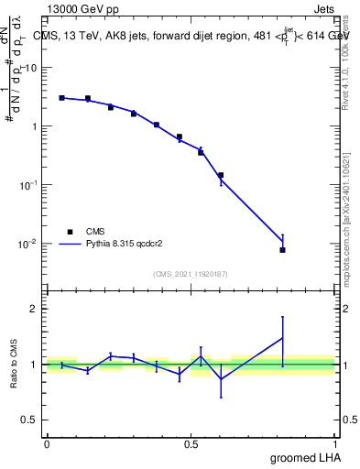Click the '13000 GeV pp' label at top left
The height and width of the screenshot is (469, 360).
[x=82, y=9]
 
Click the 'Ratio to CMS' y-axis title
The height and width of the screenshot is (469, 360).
[x=14, y=365]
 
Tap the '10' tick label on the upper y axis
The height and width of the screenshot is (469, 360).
[x=32, y=68]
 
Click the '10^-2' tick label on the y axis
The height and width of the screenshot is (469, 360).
[x=30, y=244]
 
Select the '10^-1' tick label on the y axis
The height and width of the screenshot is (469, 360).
[x=30, y=185]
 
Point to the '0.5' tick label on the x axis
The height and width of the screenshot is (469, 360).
[x=191, y=444]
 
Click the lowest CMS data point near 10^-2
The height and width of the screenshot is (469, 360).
[x=282, y=249]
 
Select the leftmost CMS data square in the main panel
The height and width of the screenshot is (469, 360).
[x=61, y=97]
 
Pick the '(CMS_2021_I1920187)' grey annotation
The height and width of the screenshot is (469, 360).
[x=191, y=274]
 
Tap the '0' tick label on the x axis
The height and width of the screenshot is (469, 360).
[x=47, y=444]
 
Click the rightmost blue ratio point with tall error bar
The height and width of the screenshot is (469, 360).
[x=282, y=338]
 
